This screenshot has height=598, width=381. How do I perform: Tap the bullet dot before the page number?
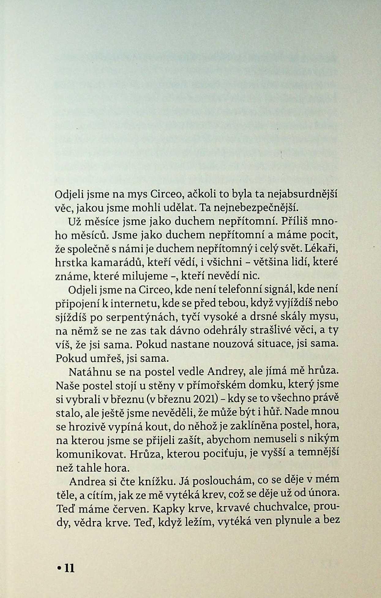point(59,569)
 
